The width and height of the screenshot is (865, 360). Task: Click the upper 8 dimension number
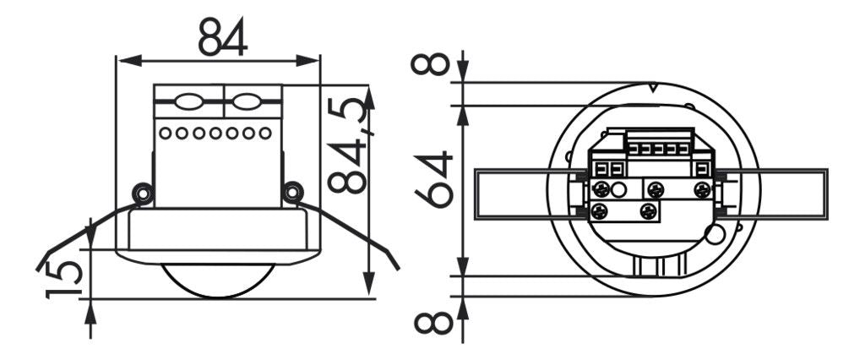point(433,64)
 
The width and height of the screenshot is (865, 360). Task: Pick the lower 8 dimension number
point(433,321)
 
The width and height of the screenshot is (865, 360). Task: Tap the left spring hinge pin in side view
point(143,194)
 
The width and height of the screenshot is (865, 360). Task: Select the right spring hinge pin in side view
point(293,194)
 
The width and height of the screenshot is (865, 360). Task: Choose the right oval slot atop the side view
point(246,103)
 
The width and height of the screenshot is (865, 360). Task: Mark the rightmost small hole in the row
point(266,133)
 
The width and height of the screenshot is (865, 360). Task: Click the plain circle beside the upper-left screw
point(620,190)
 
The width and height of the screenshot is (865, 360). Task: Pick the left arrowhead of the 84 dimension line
point(122,60)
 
